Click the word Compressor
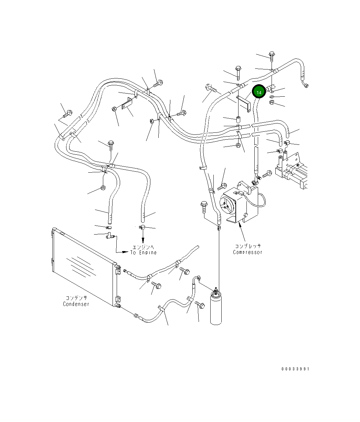click(247, 252)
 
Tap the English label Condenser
click(76, 304)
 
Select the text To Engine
click(144, 252)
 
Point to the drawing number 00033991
click(295, 369)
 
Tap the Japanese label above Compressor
click(248, 246)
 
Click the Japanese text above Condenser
click(76, 298)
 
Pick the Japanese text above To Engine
click(143, 247)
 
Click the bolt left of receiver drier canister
click(200, 305)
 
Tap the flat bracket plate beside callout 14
click(244, 104)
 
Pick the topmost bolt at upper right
click(272, 56)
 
